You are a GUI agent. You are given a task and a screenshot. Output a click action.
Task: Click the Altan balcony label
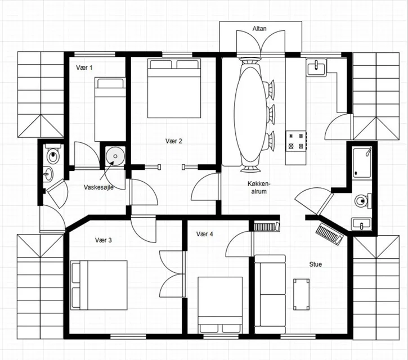pyautogui.click(x=259, y=28)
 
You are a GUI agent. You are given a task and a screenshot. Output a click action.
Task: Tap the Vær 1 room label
pyautogui.click(x=84, y=67)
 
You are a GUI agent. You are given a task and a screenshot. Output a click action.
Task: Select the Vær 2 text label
pyautogui.click(x=174, y=141)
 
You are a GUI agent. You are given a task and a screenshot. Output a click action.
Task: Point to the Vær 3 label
pyautogui.click(x=104, y=240)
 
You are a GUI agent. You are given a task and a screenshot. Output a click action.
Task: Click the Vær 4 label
pyautogui.click(x=204, y=234)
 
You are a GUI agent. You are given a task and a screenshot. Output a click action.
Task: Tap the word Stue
pyautogui.click(x=315, y=264)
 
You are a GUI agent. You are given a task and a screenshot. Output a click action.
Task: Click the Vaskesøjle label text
pyautogui.click(x=98, y=187)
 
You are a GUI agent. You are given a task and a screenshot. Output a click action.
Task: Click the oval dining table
pyautogui.click(x=250, y=114)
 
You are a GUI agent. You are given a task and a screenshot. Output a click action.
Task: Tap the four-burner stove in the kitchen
pyautogui.click(x=296, y=141)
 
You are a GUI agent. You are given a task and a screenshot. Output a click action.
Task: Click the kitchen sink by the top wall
pyautogui.click(x=316, y=67)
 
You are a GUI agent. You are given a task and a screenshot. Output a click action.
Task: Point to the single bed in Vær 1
pyautogui.click(x=110, y=109)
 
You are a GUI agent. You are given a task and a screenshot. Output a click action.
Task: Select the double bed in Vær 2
pyautogui.click(x=174, y=88)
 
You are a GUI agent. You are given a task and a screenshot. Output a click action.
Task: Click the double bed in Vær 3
pyautogui.click(x=99, y=285)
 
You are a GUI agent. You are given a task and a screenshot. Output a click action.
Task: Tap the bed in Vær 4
pyautogui.click(x=220, y=305)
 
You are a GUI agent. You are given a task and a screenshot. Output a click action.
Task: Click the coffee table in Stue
pyautogui.click(x=302, y=294)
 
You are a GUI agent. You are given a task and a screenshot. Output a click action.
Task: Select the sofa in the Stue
pyautogui.click(x=270, y=294)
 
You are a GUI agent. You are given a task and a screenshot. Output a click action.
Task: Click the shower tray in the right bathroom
pyautogui.click(x=362, y=163)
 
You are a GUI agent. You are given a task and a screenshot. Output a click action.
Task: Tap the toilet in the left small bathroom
pyautogui.click(x=53, y=154)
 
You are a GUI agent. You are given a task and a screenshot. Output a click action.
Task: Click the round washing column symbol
pyautogui.click(x=115, y=156)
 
